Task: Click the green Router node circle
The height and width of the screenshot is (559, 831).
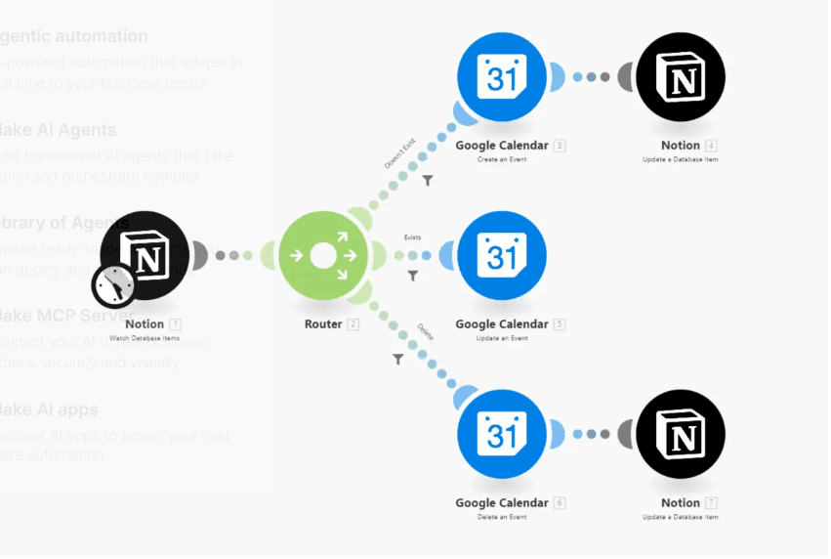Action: (323, 256)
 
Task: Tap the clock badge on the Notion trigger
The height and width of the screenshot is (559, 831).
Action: (114, 284)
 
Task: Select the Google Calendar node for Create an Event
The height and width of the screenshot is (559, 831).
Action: (502, 77)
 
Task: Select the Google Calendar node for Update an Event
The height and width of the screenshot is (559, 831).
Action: (502, 256)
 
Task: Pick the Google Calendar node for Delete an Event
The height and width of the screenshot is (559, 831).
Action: (502, 434)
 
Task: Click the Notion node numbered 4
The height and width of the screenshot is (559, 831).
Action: (680, 77)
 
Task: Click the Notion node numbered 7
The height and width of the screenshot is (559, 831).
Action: (680, 434)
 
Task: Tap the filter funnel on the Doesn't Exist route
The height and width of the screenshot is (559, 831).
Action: (428, 181)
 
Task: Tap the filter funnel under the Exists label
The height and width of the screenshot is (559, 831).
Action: (413, 277)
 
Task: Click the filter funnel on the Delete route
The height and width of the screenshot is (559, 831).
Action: (397, 360)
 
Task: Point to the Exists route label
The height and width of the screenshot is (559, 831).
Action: (412, 236)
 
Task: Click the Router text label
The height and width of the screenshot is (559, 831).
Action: (323, 324)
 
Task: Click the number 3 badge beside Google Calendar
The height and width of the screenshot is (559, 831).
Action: (560, 147)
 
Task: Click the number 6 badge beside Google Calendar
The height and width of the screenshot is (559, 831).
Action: (560, 503)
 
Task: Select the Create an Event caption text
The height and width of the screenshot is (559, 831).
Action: (502, 159)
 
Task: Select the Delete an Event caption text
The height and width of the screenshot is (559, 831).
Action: (502, 517)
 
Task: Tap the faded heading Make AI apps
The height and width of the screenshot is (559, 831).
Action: (49, 409)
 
